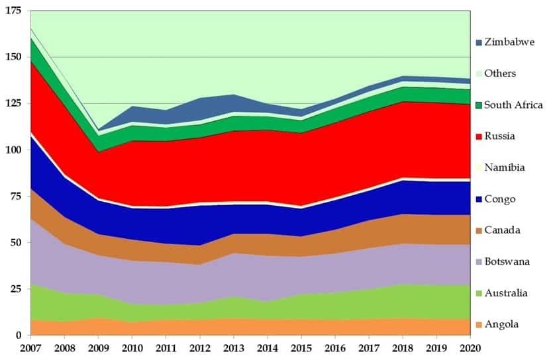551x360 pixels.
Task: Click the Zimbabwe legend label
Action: pyautogui.click(x=509, y=42)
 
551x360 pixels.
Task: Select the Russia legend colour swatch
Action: pyautogui.click(x=479, y=137)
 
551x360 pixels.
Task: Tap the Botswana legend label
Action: pyautogui.click(x=507, y=262)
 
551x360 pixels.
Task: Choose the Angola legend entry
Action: pyautogui.click(x=502, y=324)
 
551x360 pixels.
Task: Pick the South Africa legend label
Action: pyautogui.click(x=513, y=105)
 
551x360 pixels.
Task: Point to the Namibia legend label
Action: pyautogui.click(x=505, y=168)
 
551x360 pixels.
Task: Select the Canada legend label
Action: pyautogui.click(x=503, y=230)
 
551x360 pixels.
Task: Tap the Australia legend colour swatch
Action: pyautogui.click(x=479, y=293)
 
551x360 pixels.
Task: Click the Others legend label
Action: pyautogui.click(x=500, y=73)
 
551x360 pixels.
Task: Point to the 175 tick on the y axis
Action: pyautogui.click(x=14, y=11)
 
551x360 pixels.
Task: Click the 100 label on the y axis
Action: pyautogui.click(x=14, y=150)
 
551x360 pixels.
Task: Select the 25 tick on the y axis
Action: pyautogui.click(x=17, y=289)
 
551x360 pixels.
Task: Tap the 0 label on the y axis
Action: pyautogui.click(x=19, y=336)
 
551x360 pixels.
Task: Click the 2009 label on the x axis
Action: pyautogui.click(x=99, y=348)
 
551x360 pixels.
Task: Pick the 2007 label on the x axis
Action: pyautogui.click(x=30, y=348)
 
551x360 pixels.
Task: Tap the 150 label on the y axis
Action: pyautogui.click(x=14, y=58)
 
